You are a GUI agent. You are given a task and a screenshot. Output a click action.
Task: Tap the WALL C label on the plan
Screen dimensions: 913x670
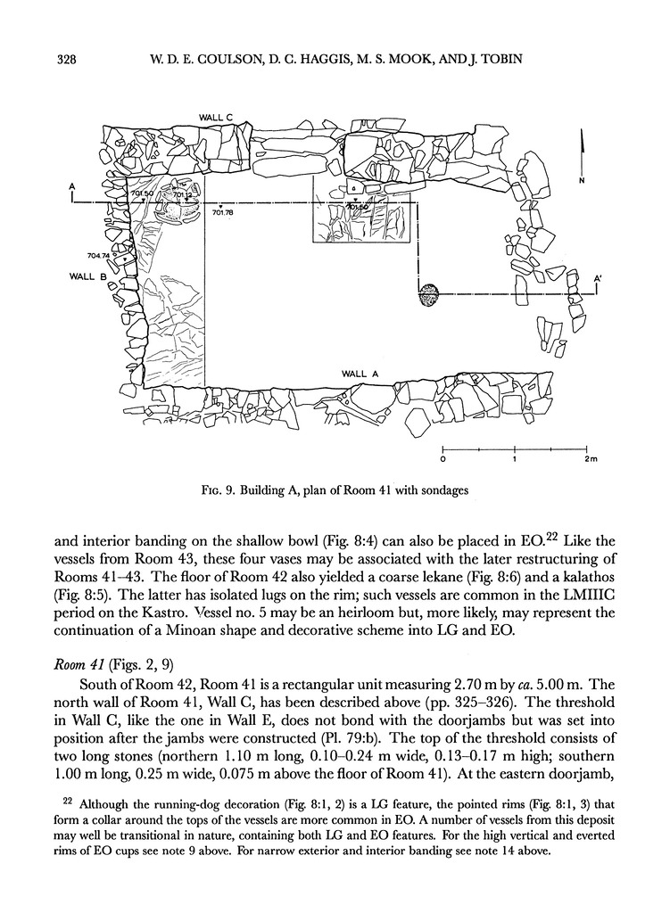[x=216, y=117]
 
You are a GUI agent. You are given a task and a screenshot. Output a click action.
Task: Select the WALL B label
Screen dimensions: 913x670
[x=88, y=276]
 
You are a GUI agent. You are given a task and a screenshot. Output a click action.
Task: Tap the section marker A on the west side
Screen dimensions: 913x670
[x=71, y=187]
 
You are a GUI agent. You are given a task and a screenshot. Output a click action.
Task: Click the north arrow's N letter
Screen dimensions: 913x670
[x=582, y=180]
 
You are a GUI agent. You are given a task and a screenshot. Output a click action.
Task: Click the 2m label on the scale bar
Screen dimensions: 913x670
[x=590, y=460]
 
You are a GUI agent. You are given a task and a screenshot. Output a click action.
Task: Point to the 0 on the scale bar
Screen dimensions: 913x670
[x=443, y=460]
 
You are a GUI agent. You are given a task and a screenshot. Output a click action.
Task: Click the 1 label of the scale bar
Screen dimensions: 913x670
[x=515, y=460]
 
